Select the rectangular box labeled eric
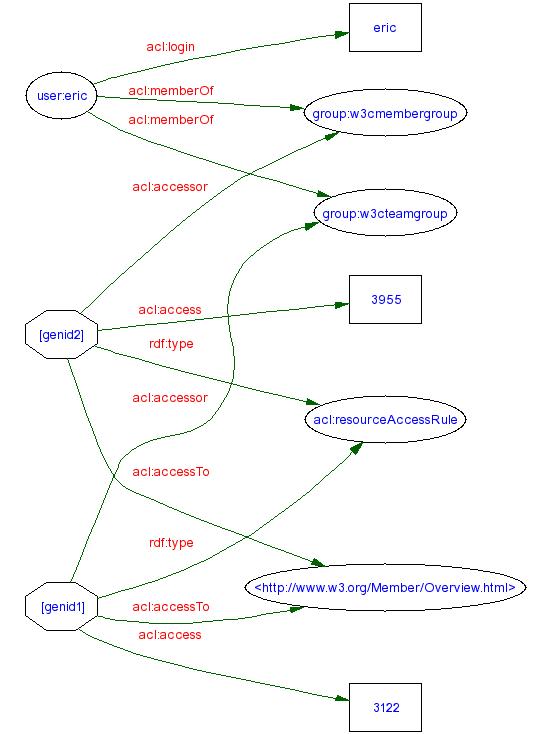pyautogui.click(x=385, y=28)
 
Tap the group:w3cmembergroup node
pyautogui.click(x=385, y=114)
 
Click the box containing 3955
pyautogui.click(x=385, y=299)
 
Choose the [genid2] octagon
pyautogui.click(x=60, y=335)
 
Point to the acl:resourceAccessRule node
pyautogui.click(x=385, y=420)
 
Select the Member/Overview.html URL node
pyautogui.click(x=385, y=588)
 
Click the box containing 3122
pyautogui.click(x=385, y=708)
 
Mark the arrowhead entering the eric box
pyautogui.click(x=341, y=34)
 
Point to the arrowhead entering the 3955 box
pyautogui.click(x=341, y=305)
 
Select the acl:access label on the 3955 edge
pyautogui.click(x=169, y=310)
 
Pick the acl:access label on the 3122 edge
pyautogui.click(x=169, y=635)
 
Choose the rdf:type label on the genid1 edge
pyautogui.click(x=170, y=543)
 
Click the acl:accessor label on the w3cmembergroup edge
pyautogui.click(x=170, y=186)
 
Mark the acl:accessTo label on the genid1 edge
pyautogui.click(x=171, y=607)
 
